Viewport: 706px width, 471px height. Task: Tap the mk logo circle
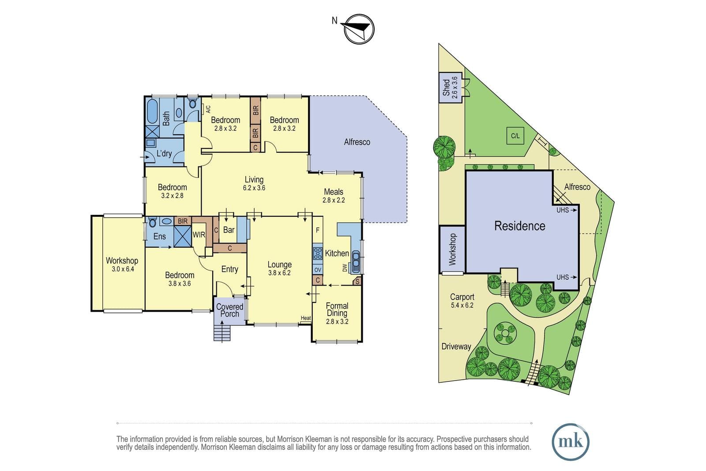pos(571,442)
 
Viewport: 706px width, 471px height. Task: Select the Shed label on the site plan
pos(450,88)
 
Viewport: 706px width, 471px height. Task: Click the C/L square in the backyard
pos(515,136)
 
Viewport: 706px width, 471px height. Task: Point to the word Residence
pos(520,226)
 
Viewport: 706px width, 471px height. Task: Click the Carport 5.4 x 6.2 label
pos(462,301)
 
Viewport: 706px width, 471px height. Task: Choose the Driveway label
pos(456,347)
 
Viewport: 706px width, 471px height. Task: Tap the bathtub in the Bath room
pos(152,112)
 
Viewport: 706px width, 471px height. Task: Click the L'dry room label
pos(164,154)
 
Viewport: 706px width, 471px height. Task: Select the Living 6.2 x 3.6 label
pos(254,184)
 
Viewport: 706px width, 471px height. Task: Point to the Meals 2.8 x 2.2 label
pos(334,196)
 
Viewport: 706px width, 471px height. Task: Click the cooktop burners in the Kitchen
pos(318,253)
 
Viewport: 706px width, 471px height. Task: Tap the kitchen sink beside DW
pos(356,261)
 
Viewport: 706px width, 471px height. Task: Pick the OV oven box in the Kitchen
pos(318,270)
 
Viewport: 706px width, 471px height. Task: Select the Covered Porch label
pos(229,310)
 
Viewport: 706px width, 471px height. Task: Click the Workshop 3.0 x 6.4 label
pos(122,264)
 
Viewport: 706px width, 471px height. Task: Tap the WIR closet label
pos(199,234)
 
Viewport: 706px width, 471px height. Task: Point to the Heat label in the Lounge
pos(306,318)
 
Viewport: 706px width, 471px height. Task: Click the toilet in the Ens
pos(153,222)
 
